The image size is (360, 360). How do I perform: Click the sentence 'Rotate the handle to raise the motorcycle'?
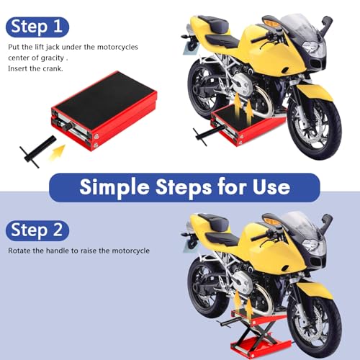click(x=79, y=251)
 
